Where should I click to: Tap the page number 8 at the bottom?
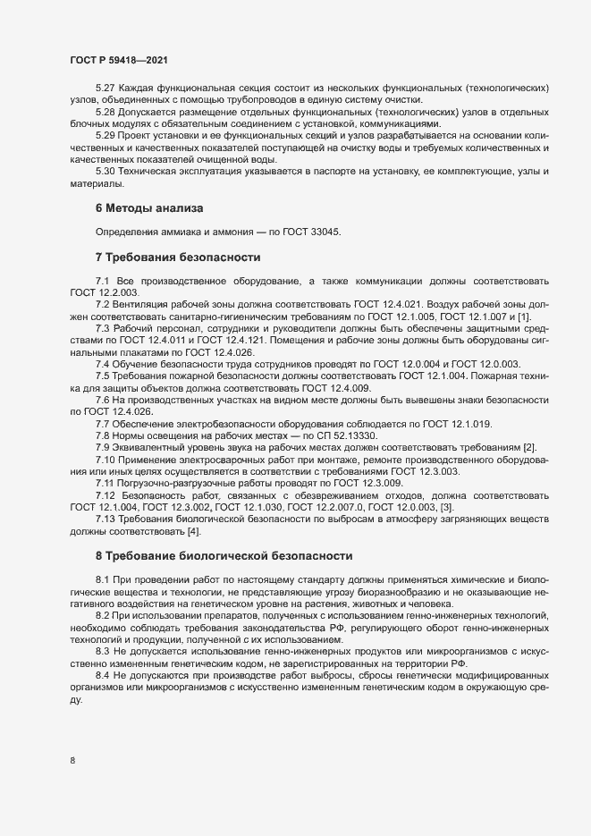[x=72, y=761]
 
